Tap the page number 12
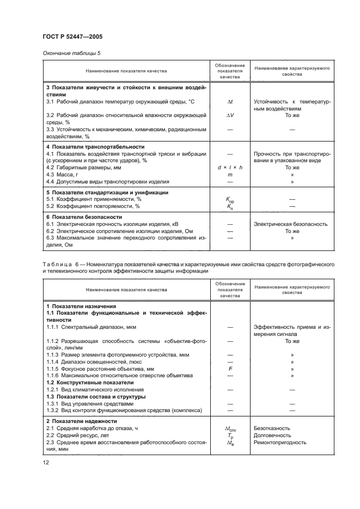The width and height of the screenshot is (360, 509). (47, 463)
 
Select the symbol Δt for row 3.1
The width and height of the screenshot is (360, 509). (229, 101)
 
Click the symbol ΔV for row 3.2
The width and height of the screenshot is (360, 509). (229, 115)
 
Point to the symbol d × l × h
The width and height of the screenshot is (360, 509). (229, 168)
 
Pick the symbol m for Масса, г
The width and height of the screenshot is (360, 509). (229, 175)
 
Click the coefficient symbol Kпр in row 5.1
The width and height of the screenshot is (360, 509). (229, 200)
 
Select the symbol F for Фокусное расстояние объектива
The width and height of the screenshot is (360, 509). (229, 369)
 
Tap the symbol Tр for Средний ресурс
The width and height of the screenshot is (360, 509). (229, 436)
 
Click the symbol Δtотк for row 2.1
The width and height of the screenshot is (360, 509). (229, 429)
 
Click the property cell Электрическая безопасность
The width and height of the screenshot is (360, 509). (290, 224)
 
